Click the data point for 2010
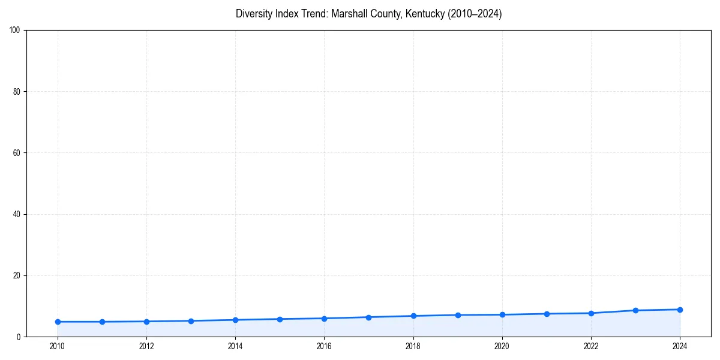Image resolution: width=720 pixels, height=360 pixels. (58, 322)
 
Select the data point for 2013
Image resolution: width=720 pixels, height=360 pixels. (191, 321)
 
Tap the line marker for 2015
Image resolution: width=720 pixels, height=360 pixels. (280, 319)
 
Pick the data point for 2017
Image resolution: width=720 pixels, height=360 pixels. (368, 317)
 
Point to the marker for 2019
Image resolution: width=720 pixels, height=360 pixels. (458, 315)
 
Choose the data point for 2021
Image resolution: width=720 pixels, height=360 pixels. (547, 314)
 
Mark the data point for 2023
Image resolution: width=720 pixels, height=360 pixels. (635, 310)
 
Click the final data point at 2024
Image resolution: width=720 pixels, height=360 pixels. (680, 310)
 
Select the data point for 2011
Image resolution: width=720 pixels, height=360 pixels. (102, 322)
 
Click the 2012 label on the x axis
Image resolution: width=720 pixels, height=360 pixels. (146, 346)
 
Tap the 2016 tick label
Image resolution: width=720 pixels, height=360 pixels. (324, 346)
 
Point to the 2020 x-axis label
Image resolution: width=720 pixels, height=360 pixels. (502, 346)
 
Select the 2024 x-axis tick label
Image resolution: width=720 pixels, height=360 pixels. (680, 346)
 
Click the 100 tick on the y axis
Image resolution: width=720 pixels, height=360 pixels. (15, 30)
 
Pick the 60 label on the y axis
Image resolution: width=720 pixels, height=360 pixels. (17, 153)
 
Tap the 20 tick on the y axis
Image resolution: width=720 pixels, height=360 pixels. (17, 275)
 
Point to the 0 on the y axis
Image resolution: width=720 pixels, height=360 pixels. (19, 337)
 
